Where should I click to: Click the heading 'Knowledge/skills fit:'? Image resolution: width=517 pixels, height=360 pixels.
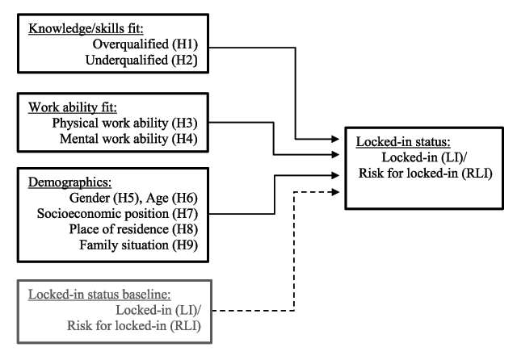[x=86, y=29]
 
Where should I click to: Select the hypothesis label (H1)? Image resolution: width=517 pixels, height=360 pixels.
[x=185, y=44]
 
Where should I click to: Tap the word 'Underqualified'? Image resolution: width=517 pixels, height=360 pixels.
[x=127, y=60]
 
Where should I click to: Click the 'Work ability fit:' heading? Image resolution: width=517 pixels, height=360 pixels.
[x=73, y=107]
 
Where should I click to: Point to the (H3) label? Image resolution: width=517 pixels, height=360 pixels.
[x=185, y=123]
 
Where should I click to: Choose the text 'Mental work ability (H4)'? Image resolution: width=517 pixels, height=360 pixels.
[x=128, y=139]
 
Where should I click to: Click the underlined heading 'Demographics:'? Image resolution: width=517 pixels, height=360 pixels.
[x=70, y=182]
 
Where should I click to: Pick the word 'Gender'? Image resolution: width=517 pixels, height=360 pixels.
[x=90, y=198]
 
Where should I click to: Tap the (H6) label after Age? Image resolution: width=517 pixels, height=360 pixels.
[x=185, y=198]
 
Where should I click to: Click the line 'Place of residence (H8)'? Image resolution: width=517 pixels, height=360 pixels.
[x=133, y=229]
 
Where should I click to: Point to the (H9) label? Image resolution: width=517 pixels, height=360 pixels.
[x=185, y=245]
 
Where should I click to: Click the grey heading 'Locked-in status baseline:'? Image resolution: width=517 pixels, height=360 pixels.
[x=99, y=294]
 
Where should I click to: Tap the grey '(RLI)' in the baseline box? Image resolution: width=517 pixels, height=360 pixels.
[x=185, y=326]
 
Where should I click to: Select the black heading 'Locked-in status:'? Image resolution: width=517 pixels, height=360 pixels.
[x=403, y=141]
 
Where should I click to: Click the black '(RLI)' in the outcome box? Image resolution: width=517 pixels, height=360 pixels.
[x=477, y=173]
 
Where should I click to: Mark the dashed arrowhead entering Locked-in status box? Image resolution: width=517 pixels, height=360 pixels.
[x=336, y=191]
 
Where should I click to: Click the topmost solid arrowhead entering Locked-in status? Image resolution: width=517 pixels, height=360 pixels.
[x=336, y=139]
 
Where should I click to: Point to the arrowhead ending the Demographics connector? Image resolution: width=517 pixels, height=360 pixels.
[x=336, y=175]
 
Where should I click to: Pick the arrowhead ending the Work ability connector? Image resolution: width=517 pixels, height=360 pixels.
[x=336, y=154]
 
